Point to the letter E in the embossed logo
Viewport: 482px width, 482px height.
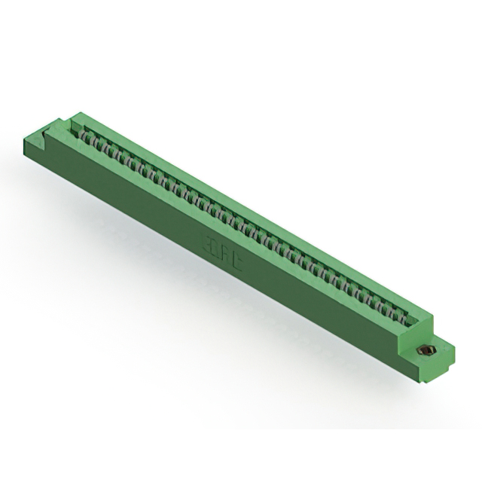coord(208,243)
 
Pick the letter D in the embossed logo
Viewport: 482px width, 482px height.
coord(216,247)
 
